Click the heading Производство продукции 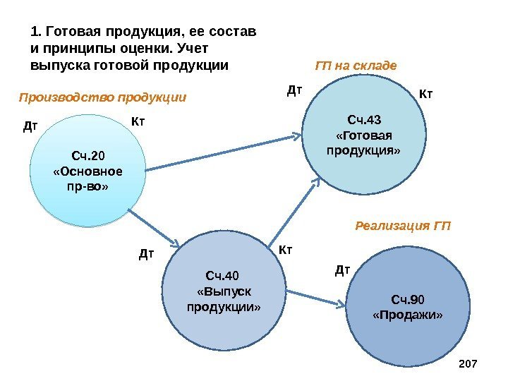point(102,97)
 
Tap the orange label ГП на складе point(356,66)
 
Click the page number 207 point(468,363)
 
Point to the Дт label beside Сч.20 point(30,128)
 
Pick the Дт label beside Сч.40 point(145,253)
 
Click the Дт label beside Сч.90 point(341,269)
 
